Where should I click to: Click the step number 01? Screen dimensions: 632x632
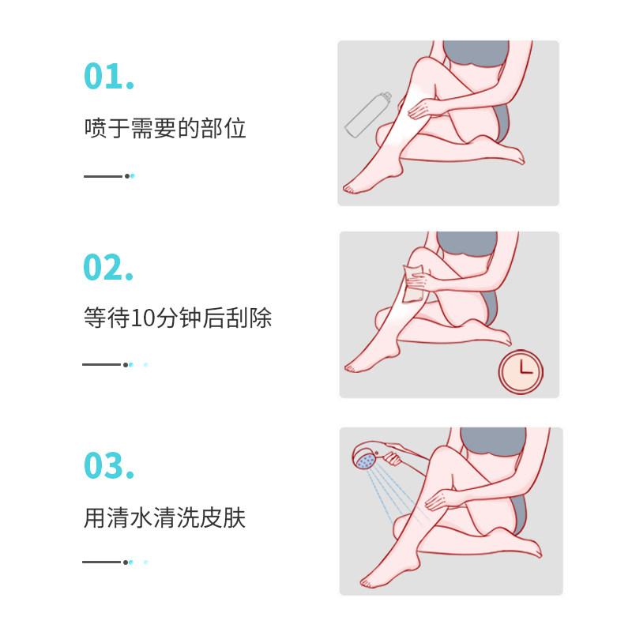pos(109,76)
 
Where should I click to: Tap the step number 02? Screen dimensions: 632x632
pos(109,268)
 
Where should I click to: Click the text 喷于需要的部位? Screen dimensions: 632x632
pos(165,129)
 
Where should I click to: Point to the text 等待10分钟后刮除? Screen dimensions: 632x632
pos(177,319)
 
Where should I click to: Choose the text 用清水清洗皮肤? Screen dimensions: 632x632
pos(165,519)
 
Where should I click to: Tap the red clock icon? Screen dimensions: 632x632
pos(521,370)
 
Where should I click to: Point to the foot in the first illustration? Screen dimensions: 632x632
pos(363,184)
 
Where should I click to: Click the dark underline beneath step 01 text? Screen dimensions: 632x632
pos(103,175)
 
